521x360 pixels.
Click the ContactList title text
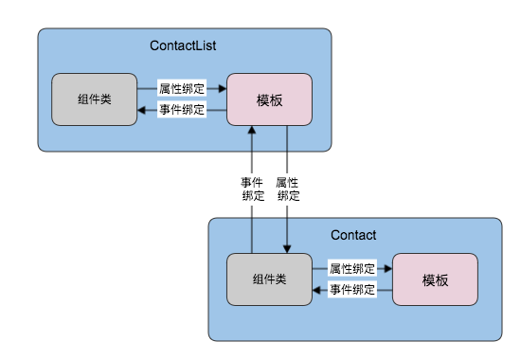point(184,45)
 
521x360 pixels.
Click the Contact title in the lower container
point(353,235)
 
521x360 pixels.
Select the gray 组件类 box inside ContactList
point(93,99)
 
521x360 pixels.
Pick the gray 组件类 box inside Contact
point(270,280)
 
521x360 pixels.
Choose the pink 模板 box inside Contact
point(435,280)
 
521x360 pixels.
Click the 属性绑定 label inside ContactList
point(182,89)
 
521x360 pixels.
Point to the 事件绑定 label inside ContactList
point(182,111)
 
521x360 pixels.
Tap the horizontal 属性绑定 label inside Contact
point(352,269)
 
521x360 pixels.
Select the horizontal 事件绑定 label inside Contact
point(352,290)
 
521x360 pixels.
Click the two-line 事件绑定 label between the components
point(253,189)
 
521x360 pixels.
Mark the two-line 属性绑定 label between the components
point(287,189)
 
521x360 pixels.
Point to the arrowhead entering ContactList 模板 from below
point(253,131)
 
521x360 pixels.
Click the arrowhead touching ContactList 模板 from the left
point(222,89)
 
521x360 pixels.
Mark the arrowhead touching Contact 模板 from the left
point(387,269)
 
